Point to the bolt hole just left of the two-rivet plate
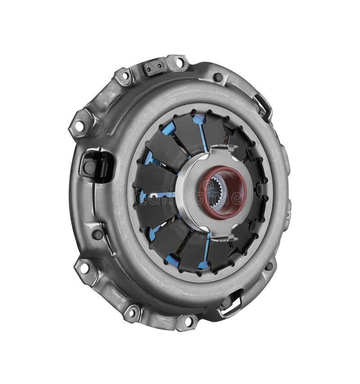[125, 76]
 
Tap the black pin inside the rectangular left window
[90, 168]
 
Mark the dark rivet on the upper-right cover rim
[219, 77]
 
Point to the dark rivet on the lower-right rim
[269, 266]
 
